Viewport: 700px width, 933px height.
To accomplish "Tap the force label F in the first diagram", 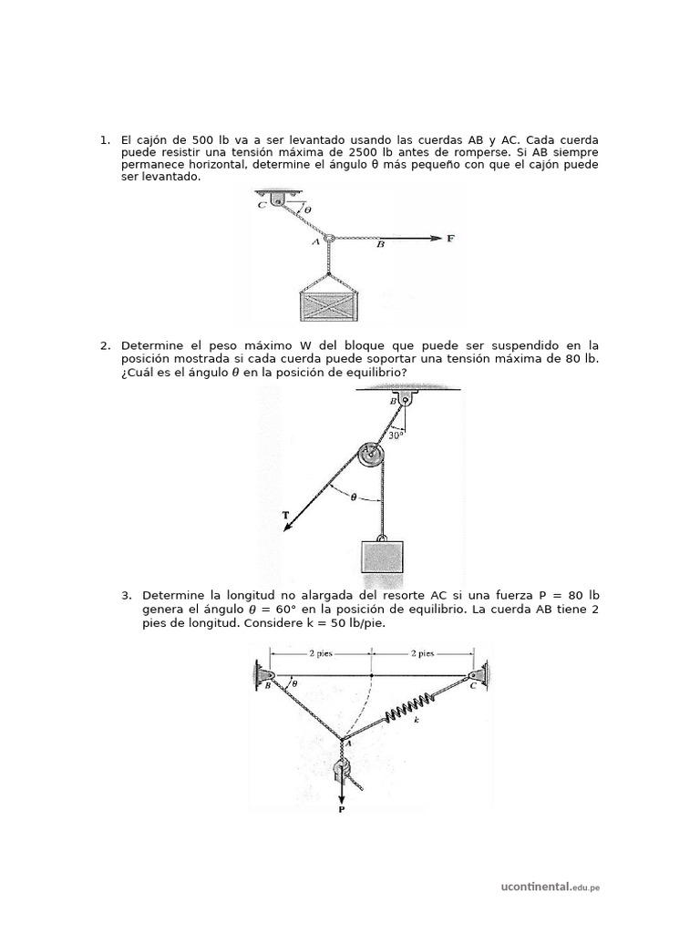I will tap(450, 239).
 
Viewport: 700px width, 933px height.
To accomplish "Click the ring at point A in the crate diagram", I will tap(329, 239).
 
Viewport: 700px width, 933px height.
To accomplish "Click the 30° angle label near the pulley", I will tap(396, 436).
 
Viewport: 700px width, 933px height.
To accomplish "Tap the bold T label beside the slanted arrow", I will tap(286, 516).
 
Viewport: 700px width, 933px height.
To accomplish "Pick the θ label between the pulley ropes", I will tap(355, 497).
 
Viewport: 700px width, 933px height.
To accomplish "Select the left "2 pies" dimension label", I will tap(320, 653).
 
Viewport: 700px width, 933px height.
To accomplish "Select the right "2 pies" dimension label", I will tap(422, 653).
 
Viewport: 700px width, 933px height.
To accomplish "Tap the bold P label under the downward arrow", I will tap(342, 808).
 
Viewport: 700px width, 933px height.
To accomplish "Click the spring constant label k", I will tap(417, 721).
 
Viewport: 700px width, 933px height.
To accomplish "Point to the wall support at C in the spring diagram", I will tap(479, 676).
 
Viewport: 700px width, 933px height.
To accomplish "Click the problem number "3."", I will tap(127, 596).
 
